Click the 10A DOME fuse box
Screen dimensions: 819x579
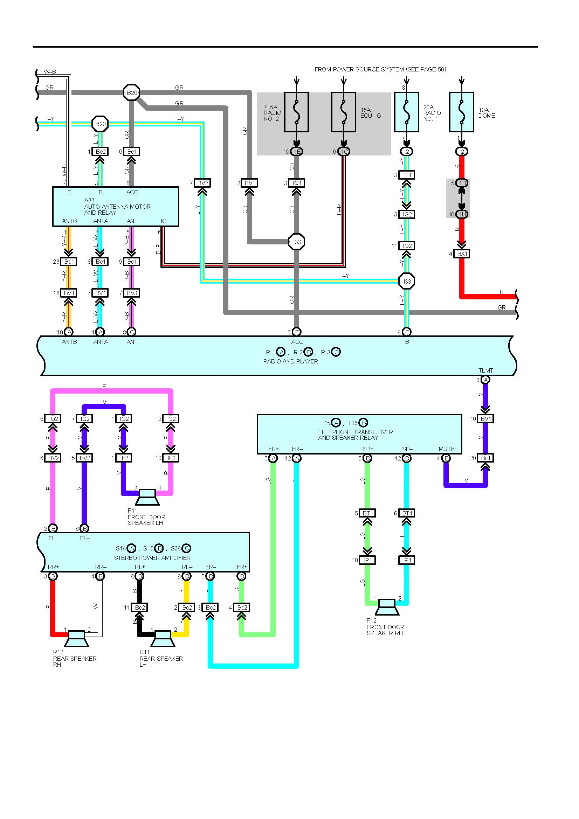(461, 112)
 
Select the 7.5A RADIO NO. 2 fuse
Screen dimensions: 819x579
(296, 112)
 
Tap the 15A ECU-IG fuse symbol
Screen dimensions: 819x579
(343, 112)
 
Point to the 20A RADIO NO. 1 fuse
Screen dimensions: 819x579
(406, 112)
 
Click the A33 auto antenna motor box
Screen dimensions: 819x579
(116, 206)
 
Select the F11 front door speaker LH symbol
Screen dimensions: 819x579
(147, 497)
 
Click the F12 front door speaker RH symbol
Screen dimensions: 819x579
(387, 607)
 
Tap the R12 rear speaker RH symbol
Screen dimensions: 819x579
(76, 639)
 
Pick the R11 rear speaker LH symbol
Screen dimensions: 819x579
(163, 639)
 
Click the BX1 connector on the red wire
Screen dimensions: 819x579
(462, 254)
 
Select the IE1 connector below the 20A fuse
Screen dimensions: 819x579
(407, 175)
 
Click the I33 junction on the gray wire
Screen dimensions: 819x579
(296, 242)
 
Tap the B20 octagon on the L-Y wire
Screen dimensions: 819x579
(100, 124)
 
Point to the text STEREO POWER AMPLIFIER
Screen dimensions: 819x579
(152, 557)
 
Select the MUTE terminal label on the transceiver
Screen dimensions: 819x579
(446, 449)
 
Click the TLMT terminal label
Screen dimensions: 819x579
(485, 370)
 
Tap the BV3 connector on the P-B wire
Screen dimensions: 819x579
(132, 293)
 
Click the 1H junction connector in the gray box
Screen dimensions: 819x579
(462, 214)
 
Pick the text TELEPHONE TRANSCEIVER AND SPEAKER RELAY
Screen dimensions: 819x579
(355, 435)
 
